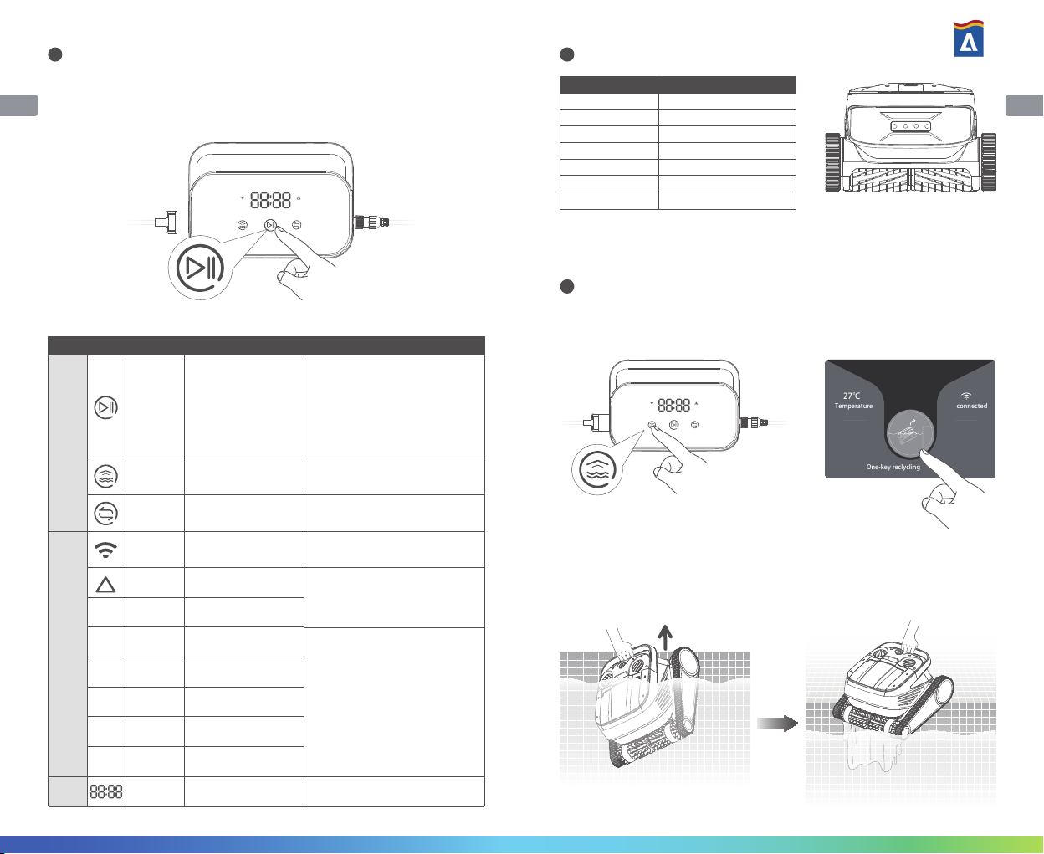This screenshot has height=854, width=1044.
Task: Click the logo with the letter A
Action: [x=969, y=39]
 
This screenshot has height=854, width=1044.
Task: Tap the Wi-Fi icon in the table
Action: [x=105, y=550]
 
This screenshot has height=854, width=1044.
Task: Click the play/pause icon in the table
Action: [x=105, y=408]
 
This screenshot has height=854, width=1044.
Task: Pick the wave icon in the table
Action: [x=105, y=476]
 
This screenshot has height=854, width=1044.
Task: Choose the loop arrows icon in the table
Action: [x=105, y=513]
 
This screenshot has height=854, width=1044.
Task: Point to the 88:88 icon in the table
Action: [x=106, y=791]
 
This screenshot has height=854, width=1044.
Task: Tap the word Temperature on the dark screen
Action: [x=853, y=406]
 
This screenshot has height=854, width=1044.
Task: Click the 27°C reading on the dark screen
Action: [x=852, y=396]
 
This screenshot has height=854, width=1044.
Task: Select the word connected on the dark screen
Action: [x=971, y=406]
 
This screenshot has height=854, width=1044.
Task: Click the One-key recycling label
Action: [x=893, y=467]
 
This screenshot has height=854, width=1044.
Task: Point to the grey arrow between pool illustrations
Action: [x=777, y=724]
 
